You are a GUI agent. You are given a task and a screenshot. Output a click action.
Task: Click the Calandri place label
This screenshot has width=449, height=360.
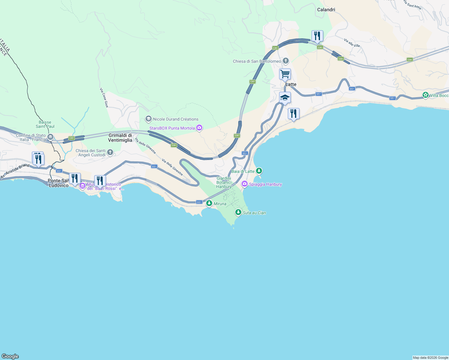(x=326, y=10)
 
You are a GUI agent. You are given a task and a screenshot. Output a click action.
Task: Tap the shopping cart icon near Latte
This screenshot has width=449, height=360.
(x=285, y=73)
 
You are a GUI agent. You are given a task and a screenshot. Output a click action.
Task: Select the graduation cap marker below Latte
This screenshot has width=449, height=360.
(x=285, y=97)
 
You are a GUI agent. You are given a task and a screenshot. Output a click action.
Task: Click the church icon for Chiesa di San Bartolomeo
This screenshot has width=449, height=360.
(x=286, y=61)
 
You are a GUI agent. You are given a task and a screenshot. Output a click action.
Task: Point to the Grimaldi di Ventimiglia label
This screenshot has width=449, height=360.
(x=120, y=138)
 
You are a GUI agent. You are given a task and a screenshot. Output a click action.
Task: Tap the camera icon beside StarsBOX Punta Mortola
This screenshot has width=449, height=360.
(x=199, y=128)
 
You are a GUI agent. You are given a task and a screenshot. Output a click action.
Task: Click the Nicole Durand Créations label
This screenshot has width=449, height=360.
(x=176, y=119)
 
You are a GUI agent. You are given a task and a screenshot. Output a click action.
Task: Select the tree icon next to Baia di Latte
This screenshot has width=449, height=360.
(x=259, y=171)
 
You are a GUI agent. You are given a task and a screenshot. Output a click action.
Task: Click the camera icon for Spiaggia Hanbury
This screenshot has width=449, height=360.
(x=245, y=184)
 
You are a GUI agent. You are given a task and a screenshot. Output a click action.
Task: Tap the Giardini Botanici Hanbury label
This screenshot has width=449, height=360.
(x=224, y=182)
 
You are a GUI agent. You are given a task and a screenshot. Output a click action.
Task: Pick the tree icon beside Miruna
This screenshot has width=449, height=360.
(x=209, y=203)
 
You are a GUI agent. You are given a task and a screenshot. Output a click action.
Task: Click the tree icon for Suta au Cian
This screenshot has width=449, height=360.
(x=238, y=212)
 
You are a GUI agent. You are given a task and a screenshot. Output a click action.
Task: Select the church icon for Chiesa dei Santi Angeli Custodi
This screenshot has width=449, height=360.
(x=110, y=153)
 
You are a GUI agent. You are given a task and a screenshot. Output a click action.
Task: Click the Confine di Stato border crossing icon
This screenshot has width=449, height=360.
(x=50, y=137)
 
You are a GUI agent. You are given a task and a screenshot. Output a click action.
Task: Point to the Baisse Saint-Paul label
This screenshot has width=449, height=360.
(x=45, y=124)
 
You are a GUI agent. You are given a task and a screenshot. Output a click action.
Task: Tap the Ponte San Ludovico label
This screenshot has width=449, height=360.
(x=59, y=183)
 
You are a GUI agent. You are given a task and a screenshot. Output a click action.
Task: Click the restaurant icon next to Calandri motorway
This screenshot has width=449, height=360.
(x=317, y=36)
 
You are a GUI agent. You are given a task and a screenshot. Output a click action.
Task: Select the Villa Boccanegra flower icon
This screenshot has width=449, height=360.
(x=425, y=95)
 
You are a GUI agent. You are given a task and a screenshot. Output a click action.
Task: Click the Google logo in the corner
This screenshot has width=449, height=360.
(x=10, y=356)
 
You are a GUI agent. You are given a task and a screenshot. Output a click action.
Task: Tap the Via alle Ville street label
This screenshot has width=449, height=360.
(x=352, y=43)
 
